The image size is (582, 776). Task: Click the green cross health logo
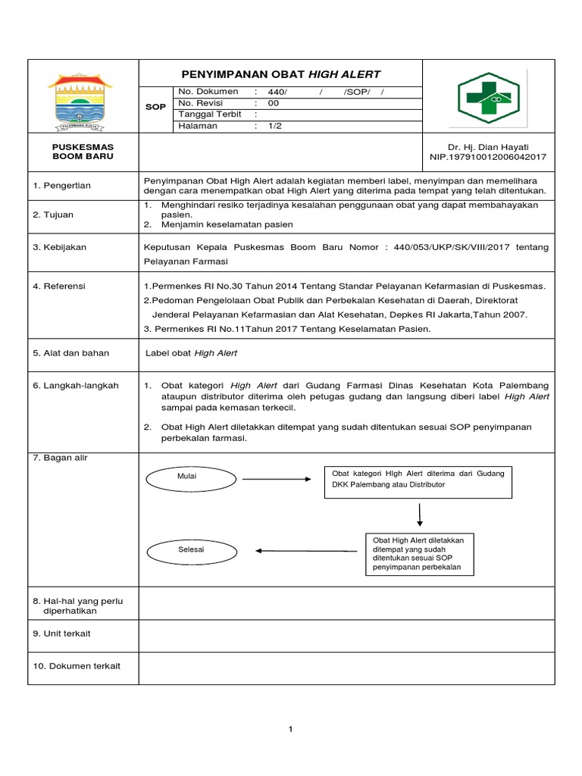pyautogui.click(x=488, y=98)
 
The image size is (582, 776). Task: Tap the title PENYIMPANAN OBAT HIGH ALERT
pyautogui.click(x=281, y=74)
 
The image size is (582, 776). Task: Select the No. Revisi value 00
pyautogui.click(x=273, y=103)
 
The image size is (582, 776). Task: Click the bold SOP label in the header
pyautogui.click(x=155, y=108)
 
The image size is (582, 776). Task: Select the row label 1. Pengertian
pyautogui.click(x=61, y=186)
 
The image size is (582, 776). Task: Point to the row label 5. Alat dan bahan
pyautogui.click(x=70, y=352)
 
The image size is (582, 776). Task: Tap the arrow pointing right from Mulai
pyautogui.click(x=277, y=479)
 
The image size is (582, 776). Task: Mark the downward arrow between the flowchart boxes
pyautogui.click(x=419, y=515)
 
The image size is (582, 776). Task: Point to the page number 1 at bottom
pyautogui.click(x=290, y=729)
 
